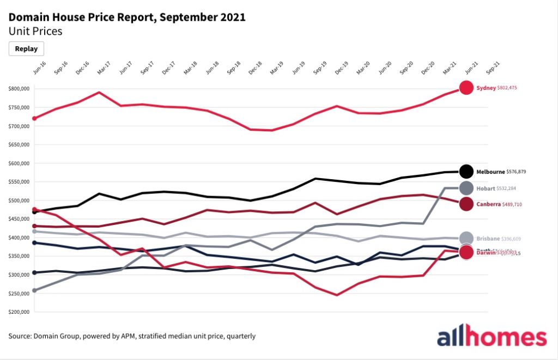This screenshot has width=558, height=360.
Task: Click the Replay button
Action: pos(26,48)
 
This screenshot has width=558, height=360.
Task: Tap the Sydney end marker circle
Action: pos(466,87)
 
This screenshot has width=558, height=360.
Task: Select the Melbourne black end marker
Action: pos(466,172)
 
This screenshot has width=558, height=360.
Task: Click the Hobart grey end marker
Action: pos(466,188)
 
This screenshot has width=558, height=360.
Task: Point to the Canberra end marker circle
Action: pos(466,204)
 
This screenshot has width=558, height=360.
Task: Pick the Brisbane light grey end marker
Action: pos(466,238)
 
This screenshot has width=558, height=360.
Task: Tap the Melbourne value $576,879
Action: pos(516,172)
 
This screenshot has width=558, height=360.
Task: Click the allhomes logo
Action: pos(492,337)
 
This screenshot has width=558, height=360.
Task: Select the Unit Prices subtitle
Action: pos(35,31)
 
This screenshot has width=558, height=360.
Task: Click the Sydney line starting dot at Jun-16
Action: pos(35,118)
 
